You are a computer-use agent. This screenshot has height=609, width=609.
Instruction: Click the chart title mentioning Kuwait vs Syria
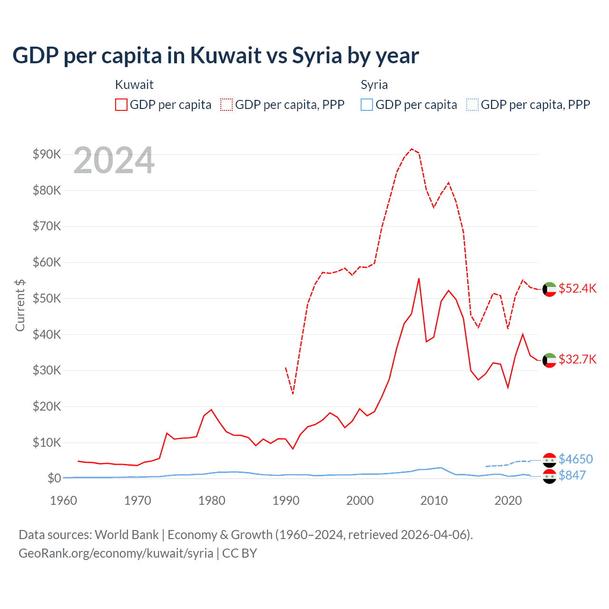(x=216, y=56)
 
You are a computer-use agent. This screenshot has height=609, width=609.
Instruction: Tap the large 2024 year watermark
(x=114, y=160)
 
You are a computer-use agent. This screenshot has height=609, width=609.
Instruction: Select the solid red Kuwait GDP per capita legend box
(x=121, y=105)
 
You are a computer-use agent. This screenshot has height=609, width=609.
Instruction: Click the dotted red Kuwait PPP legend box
(x=226, y=105)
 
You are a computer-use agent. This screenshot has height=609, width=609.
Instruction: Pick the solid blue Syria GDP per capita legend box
(x=367, y=105)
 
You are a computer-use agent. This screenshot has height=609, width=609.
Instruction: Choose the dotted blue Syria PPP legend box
(x=472, y=105)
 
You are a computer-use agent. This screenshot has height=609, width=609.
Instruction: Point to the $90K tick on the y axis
(x=47, y=154)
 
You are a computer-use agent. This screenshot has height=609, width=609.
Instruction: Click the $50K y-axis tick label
(x=47, y=298)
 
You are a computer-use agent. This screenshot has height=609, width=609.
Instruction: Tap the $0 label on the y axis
(x=54, y=478)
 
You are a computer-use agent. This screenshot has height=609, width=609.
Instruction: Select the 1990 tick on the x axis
(x=286, y=501)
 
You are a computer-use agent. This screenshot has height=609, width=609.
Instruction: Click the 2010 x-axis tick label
(x=434, y=501)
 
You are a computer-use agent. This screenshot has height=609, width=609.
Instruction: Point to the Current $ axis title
(x=20, y=305)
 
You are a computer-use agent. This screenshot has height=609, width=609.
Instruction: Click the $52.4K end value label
(x=577, y=289)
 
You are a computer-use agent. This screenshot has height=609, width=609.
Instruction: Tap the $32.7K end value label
(x=577, y=359)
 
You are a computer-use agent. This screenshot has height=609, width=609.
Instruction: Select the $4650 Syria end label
(x=576, y=459)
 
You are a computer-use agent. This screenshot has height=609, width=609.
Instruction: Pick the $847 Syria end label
(x=572, y=475)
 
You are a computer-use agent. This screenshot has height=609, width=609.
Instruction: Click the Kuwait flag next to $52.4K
(x=550, y=289)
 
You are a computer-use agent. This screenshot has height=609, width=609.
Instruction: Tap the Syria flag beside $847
(x=550, y=476)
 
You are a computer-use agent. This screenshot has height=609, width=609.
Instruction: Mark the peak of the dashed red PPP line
(x=412, y=149)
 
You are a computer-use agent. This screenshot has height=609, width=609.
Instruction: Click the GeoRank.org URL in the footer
(x=116, y=553)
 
